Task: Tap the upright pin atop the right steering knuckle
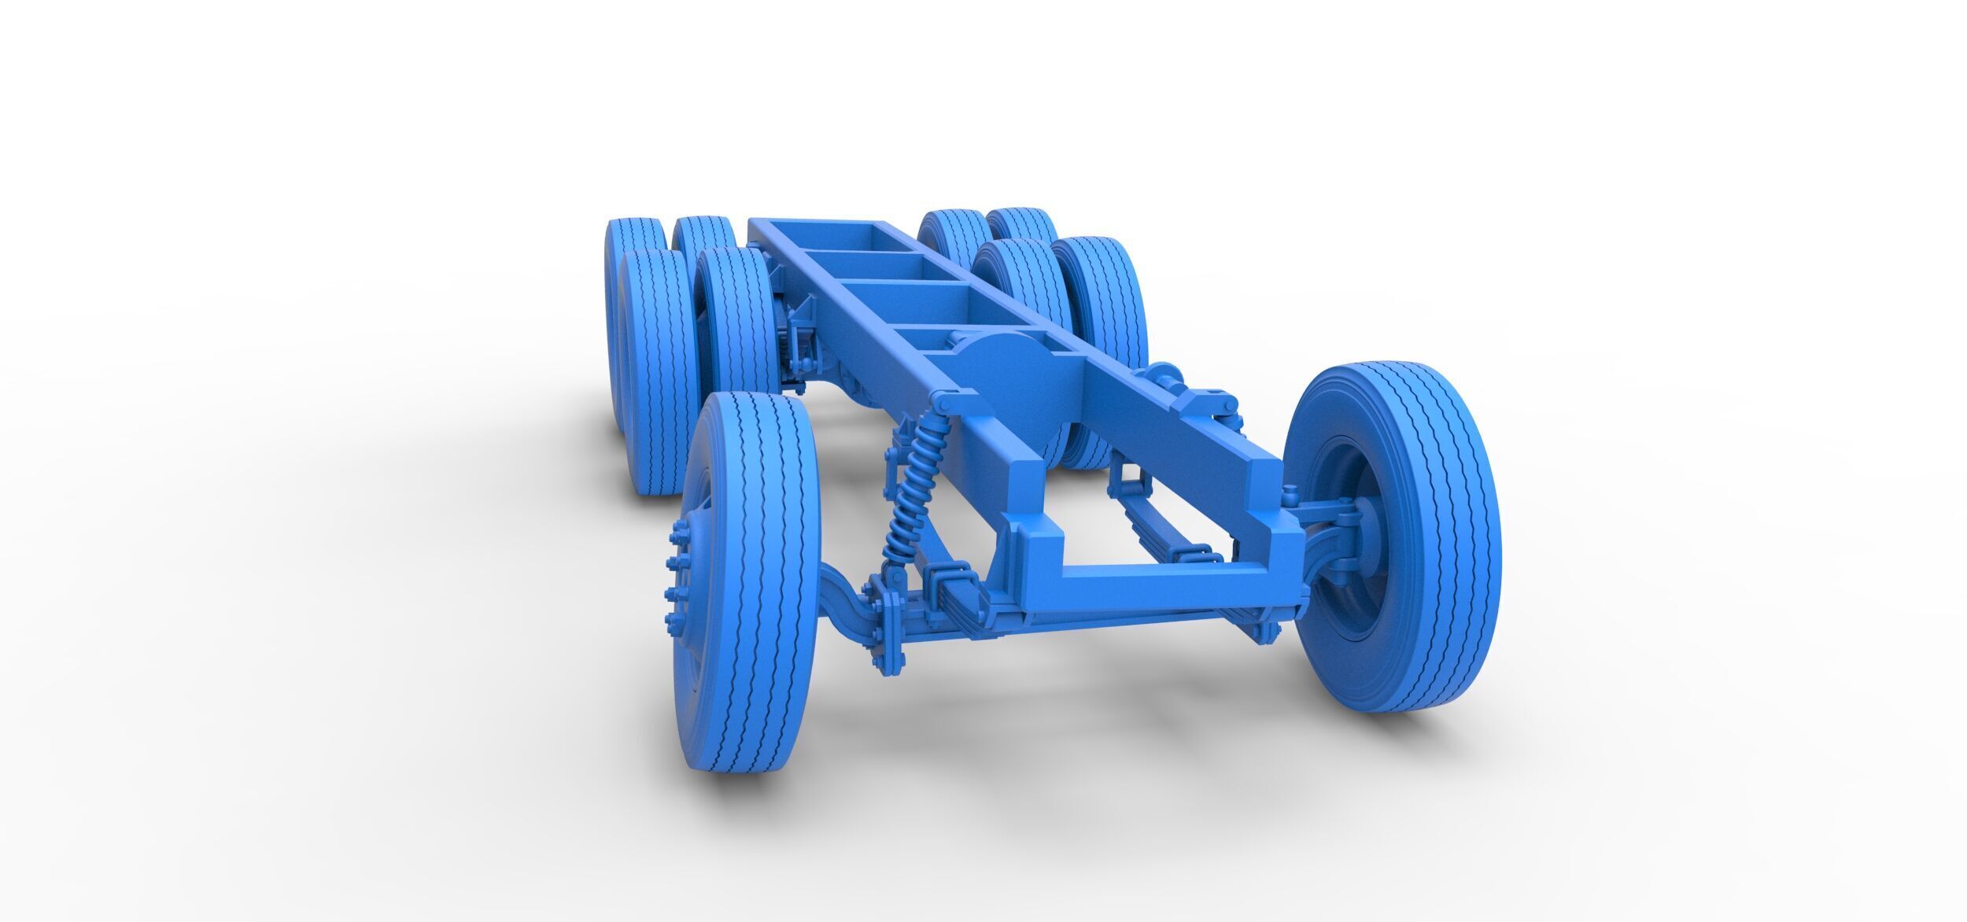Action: click(1288, 495)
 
